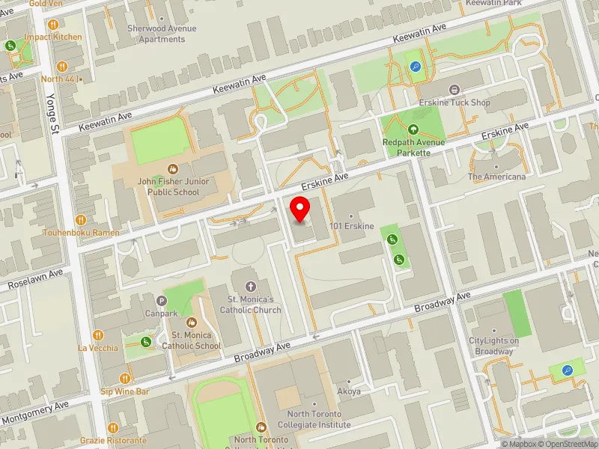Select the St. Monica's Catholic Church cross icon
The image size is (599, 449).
[251, 286]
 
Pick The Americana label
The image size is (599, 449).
[496, 177]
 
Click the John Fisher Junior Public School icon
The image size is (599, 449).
[173, 169]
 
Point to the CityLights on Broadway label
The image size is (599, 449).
[494, 346]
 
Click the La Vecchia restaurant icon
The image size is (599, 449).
[97, 335]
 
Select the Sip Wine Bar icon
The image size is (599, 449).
[124, 379]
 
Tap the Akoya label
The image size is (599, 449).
[350, 391]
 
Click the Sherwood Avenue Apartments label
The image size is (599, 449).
[162, 34]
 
